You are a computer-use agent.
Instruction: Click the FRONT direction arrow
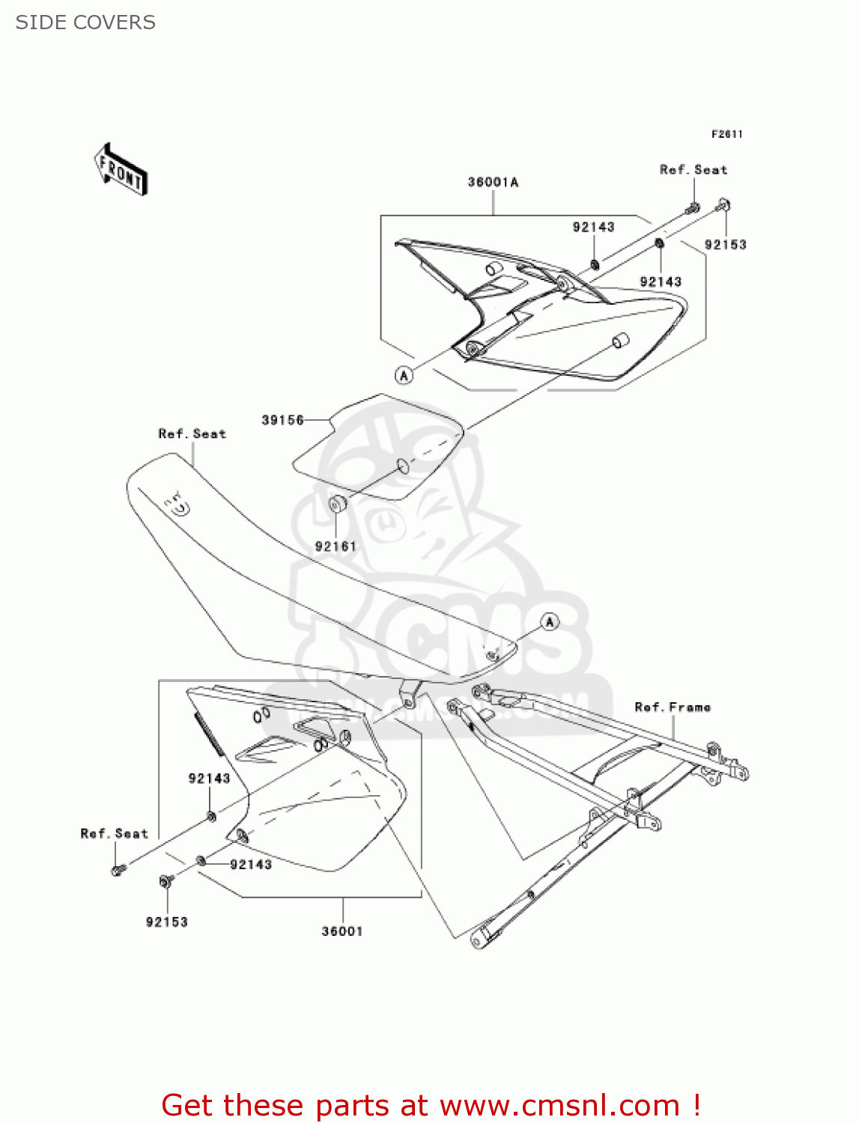(x=121, y=170)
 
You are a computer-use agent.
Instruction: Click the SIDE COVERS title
(x=85, y=22)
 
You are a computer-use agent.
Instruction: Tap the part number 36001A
(x=493, y=182)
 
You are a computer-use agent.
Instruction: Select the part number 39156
(x=282, y=420)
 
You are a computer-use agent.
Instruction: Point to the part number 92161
(x=336, y=547)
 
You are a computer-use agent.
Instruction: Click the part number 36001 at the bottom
(x=342, y=931)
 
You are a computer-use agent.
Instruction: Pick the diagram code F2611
(x=726, y=134)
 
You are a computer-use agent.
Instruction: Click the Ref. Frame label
(x=673, y=707)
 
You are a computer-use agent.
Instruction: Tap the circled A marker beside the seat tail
(x=550, y=621)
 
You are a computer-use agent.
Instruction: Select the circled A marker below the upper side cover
(x=404, y=375)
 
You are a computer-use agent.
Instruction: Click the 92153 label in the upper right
(x=725, y=245)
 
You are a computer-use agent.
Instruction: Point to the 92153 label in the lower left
(x=166, y=922)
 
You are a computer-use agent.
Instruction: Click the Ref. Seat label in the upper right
(x=693, y=170)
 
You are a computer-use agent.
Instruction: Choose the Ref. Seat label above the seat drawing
(x=192, y=434)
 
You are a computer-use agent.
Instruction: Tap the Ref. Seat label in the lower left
(x=114, y=834)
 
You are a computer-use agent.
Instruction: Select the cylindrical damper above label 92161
(x=337, y=504)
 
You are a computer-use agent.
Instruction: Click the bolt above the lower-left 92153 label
(x=166, y=881)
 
